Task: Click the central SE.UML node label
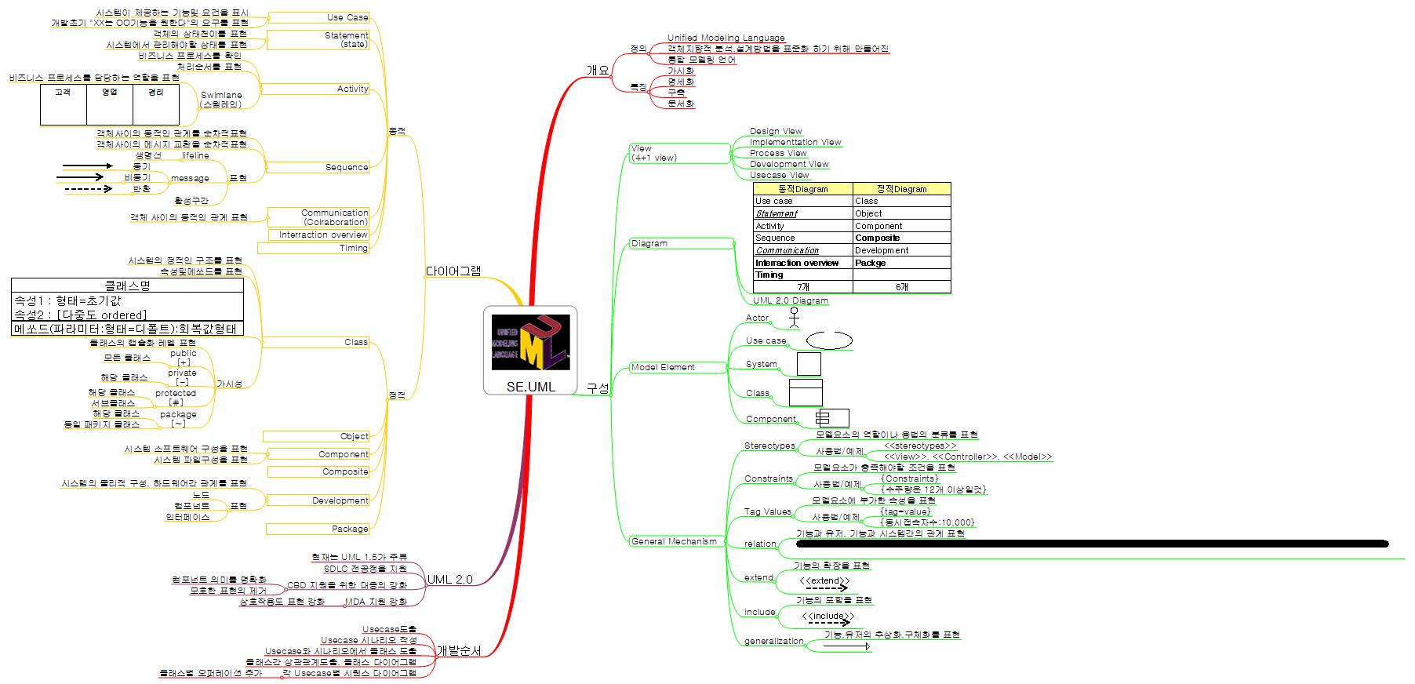click(530, 387)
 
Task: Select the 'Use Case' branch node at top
click(347, 17)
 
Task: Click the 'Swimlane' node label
click(221, 100)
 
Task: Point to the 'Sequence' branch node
click(347, 167)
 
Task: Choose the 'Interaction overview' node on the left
click(323, 235)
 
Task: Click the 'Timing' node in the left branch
click(353, 248)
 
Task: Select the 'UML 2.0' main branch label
click(449, 580)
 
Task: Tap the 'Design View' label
click(776, 131)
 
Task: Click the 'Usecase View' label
click(779, 175)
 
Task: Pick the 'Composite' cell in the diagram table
click(877, 238)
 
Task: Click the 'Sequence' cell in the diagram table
click(775, 238)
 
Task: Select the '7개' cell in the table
click(802, 287)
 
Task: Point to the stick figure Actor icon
click(795, 316)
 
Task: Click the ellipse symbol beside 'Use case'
click(829, 340)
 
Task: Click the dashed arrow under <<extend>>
click(826, 588)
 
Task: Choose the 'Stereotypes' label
click(769, 446)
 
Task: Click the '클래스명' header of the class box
click(127, 286)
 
